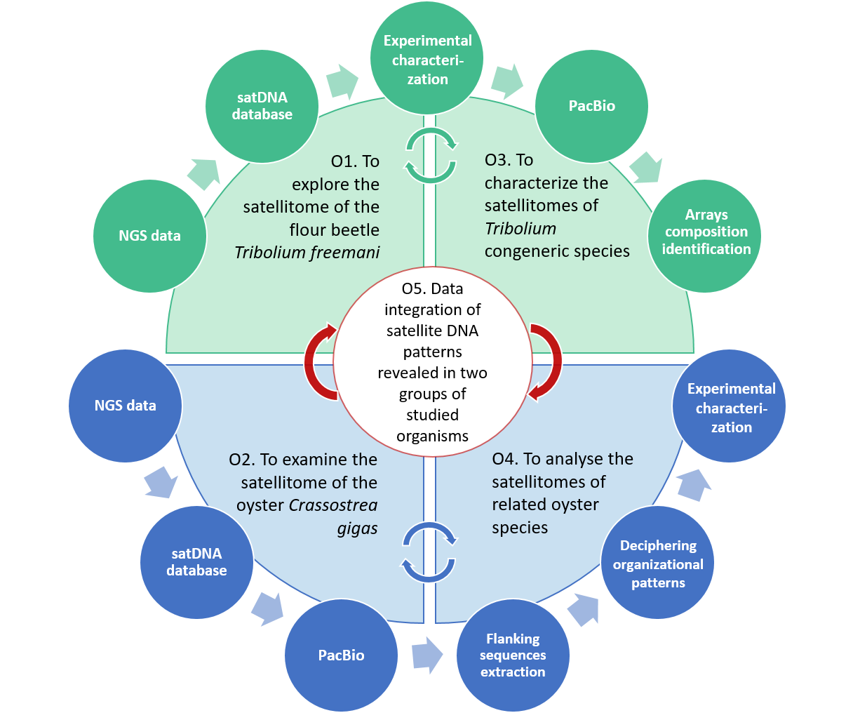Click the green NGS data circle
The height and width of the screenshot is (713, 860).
(x=149, y=236)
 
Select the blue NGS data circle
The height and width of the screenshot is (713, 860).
(x=125, y=406)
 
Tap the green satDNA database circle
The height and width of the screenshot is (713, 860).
(x=262, y=106)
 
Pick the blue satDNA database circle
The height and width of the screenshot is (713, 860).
(x=196, y=561)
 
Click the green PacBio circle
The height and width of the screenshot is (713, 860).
(x=591, y=106)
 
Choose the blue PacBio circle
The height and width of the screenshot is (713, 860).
(x=341, y=655)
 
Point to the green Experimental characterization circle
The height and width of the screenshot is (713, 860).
(x=427, y=60)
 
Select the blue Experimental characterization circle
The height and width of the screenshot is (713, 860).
(x=730, y=407)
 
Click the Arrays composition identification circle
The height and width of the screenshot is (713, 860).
(x=705, y=232)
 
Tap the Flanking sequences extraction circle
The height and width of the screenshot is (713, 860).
(x=513, y=655)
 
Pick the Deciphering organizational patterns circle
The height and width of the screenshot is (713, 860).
(x=657, y=564)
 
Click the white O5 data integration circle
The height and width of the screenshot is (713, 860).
(x=432, y=362)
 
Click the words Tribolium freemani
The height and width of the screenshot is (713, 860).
(x=307, y=253)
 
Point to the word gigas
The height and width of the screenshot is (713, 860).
(x=357, y=528)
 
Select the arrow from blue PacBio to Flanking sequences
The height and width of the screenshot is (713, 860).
(x=426, y=655)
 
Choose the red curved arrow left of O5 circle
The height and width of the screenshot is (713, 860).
(x=319, y=361)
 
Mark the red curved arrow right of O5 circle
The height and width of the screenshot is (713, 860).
(x=546, y=361)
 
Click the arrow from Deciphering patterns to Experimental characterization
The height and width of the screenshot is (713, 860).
(x=693, y=484)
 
